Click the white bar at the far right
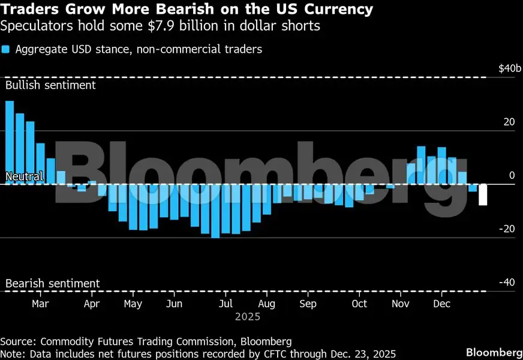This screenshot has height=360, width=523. [x=483, y=195]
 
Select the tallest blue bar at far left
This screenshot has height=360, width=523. [x=10, y=142]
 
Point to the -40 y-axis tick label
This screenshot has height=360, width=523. [x=507, y=283]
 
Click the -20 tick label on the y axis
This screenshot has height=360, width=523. [x=507, y=229]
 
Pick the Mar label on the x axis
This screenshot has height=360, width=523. [x=40, y=304]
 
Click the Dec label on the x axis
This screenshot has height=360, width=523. [x=441, y=304]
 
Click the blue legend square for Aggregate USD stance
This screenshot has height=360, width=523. [x=5, y=50]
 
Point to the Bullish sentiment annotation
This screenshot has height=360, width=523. [x=50, y=85]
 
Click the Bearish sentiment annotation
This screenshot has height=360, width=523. [x=52, y=283]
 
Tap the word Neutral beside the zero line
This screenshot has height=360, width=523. [x=24, y=176]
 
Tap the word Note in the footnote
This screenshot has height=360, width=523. [x=13, y=353]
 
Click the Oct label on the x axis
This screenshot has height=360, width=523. [x=359, y=304]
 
